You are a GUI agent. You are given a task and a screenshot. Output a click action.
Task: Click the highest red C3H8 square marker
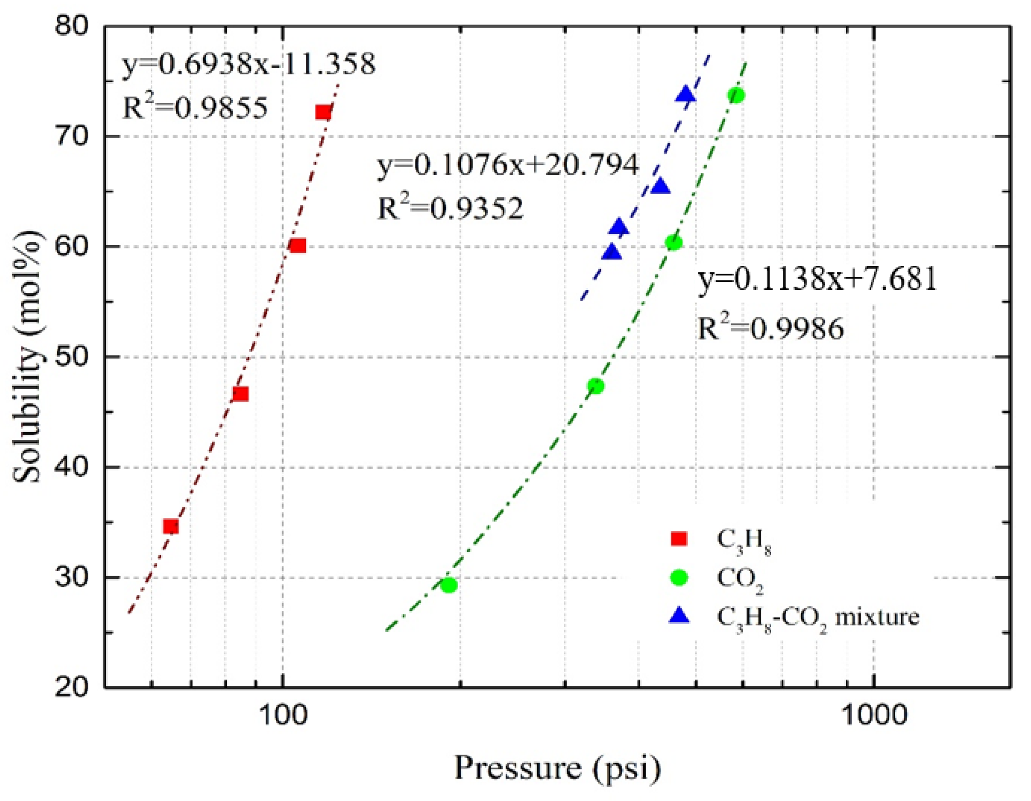[x=323, y=112]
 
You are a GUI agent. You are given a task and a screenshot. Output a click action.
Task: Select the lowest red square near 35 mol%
[x=171, y=526]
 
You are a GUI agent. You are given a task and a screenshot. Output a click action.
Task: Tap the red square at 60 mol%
[x=298, y=246]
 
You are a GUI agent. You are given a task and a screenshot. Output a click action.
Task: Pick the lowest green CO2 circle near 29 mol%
[x=449, y=586]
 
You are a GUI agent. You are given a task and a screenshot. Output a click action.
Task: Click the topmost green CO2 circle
[x=736, y=95]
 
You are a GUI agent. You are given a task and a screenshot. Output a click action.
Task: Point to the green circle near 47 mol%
[x=596, y=386]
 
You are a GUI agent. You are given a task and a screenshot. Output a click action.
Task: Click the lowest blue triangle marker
[x=612, y=252]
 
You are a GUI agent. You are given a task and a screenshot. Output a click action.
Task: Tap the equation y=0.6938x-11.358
[x=249, y=65]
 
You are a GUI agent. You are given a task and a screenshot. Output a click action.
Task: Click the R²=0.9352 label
[x=450, y=209]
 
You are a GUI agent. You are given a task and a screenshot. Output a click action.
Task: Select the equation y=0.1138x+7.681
[x=817, y=279]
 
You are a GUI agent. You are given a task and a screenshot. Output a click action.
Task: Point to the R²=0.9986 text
[x=770, y=328]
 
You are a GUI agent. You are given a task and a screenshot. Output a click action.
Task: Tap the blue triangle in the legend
[x=680, y=616]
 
